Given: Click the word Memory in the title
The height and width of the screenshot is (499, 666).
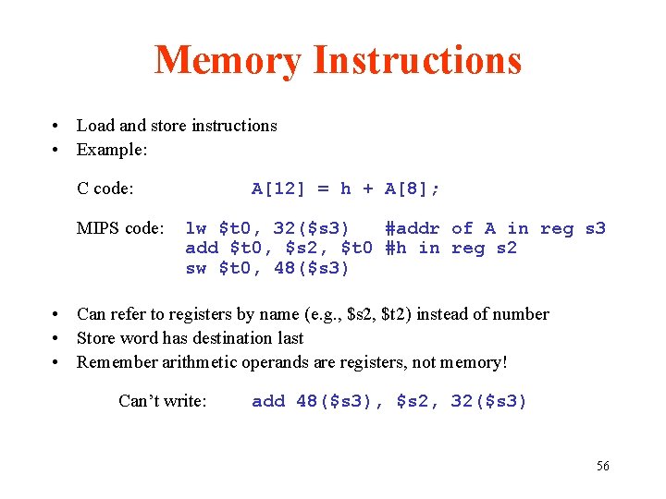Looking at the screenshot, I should point(228,61).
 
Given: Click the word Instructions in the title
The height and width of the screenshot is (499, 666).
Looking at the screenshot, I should point(417,61).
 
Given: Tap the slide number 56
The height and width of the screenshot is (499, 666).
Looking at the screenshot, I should point(602,466).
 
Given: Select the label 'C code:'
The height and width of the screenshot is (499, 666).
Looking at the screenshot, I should point(105,189).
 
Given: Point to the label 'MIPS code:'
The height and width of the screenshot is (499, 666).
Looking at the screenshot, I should point(120,228).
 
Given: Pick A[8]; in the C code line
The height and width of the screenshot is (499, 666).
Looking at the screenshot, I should point(413,189).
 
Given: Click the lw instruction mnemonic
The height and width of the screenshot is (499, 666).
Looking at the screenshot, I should point(196,228).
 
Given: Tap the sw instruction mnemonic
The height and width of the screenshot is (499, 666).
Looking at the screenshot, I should point(196,268).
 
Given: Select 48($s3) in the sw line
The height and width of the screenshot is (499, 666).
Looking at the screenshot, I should point(312,268).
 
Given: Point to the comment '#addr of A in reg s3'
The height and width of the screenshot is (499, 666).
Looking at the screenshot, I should point(495,228).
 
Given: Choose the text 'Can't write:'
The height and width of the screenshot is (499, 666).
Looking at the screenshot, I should point(163,401).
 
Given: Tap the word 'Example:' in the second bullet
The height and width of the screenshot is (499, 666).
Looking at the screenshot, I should point(113,150).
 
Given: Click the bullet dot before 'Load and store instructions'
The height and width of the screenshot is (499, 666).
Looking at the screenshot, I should point(57,127).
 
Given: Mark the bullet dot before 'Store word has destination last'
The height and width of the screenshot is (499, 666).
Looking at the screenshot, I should point(57,339).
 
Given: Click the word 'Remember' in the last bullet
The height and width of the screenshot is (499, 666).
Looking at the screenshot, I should point(115,361).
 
